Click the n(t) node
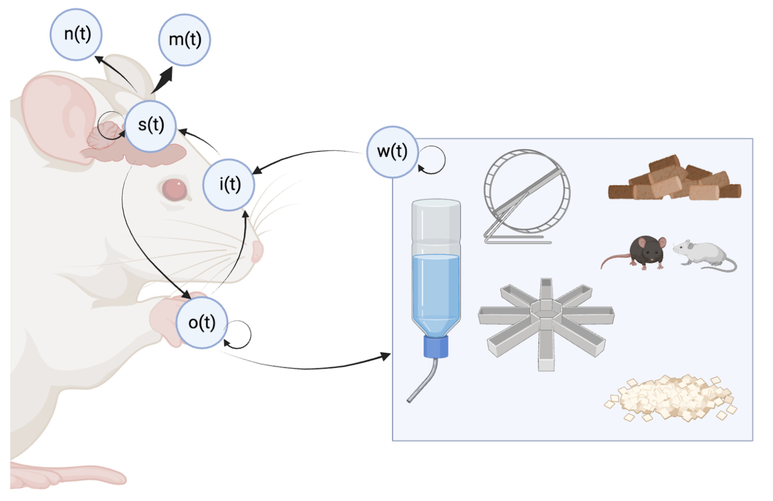[76, 34]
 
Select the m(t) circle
[184, 40]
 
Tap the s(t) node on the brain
[151, 126]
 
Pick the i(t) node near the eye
[229, 185]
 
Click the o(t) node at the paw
[201, 323]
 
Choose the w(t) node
[392, 152]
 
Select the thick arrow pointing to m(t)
[164, 80]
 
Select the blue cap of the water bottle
[436, 346]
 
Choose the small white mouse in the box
[703, 254]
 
